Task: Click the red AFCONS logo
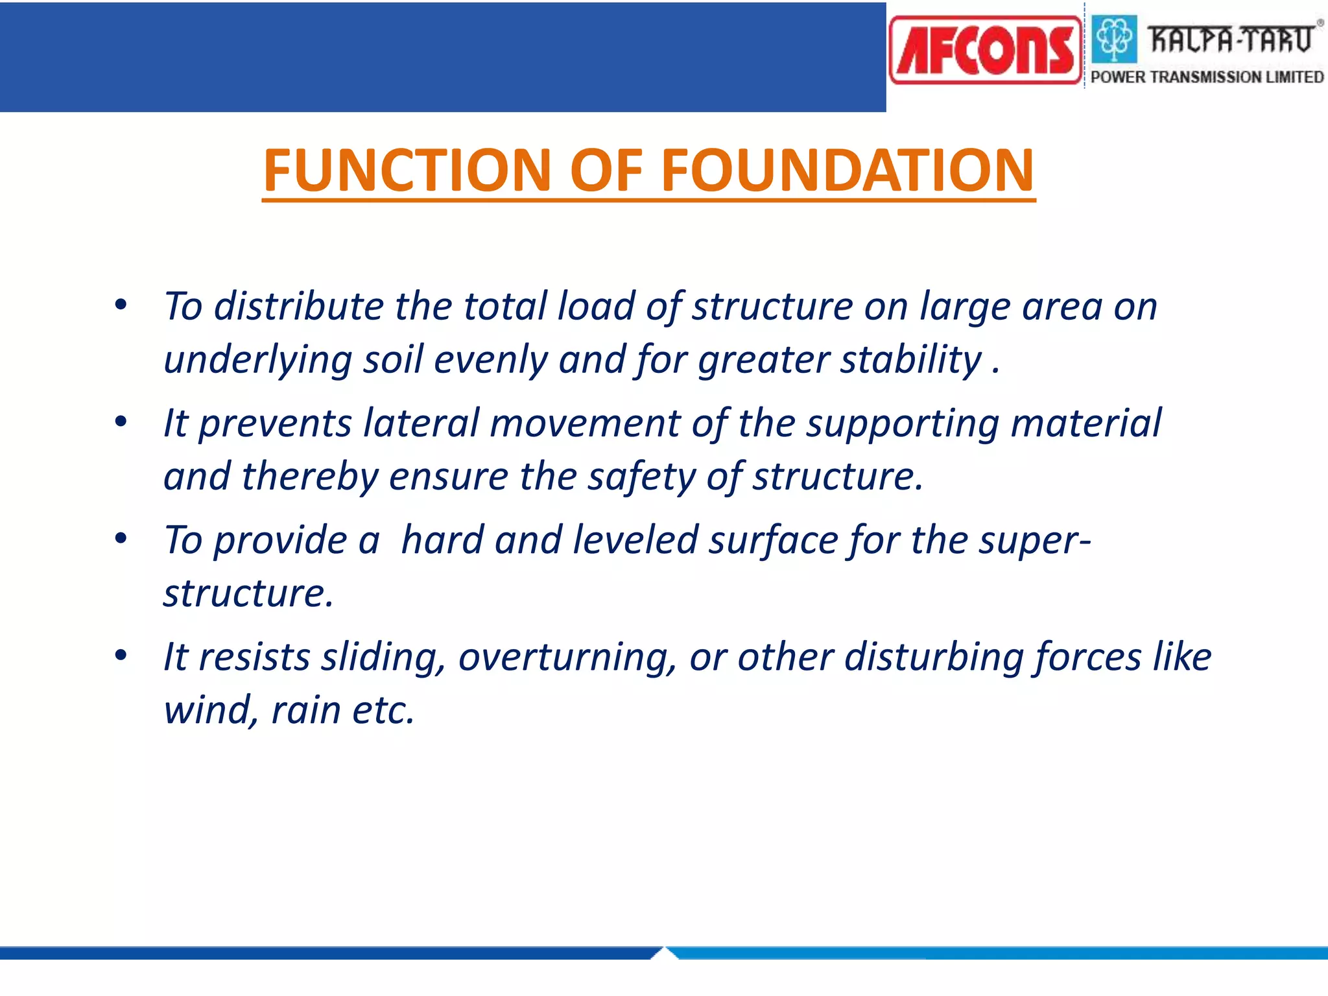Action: (x=985, y=51)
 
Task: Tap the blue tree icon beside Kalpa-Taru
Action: (x=1115, y=39)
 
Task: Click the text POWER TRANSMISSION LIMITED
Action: (x=1207, y=77)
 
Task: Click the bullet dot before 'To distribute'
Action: (x=121, y=305)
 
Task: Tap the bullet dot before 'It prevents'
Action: (x=121, y=422)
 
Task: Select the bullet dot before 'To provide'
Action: (x=121, y=539)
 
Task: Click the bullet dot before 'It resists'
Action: (x=121, y=656)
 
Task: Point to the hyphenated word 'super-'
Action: (x=1034, y=540)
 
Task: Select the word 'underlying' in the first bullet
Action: (x=257, y=361)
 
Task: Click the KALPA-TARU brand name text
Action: (x=1230, y=40)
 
